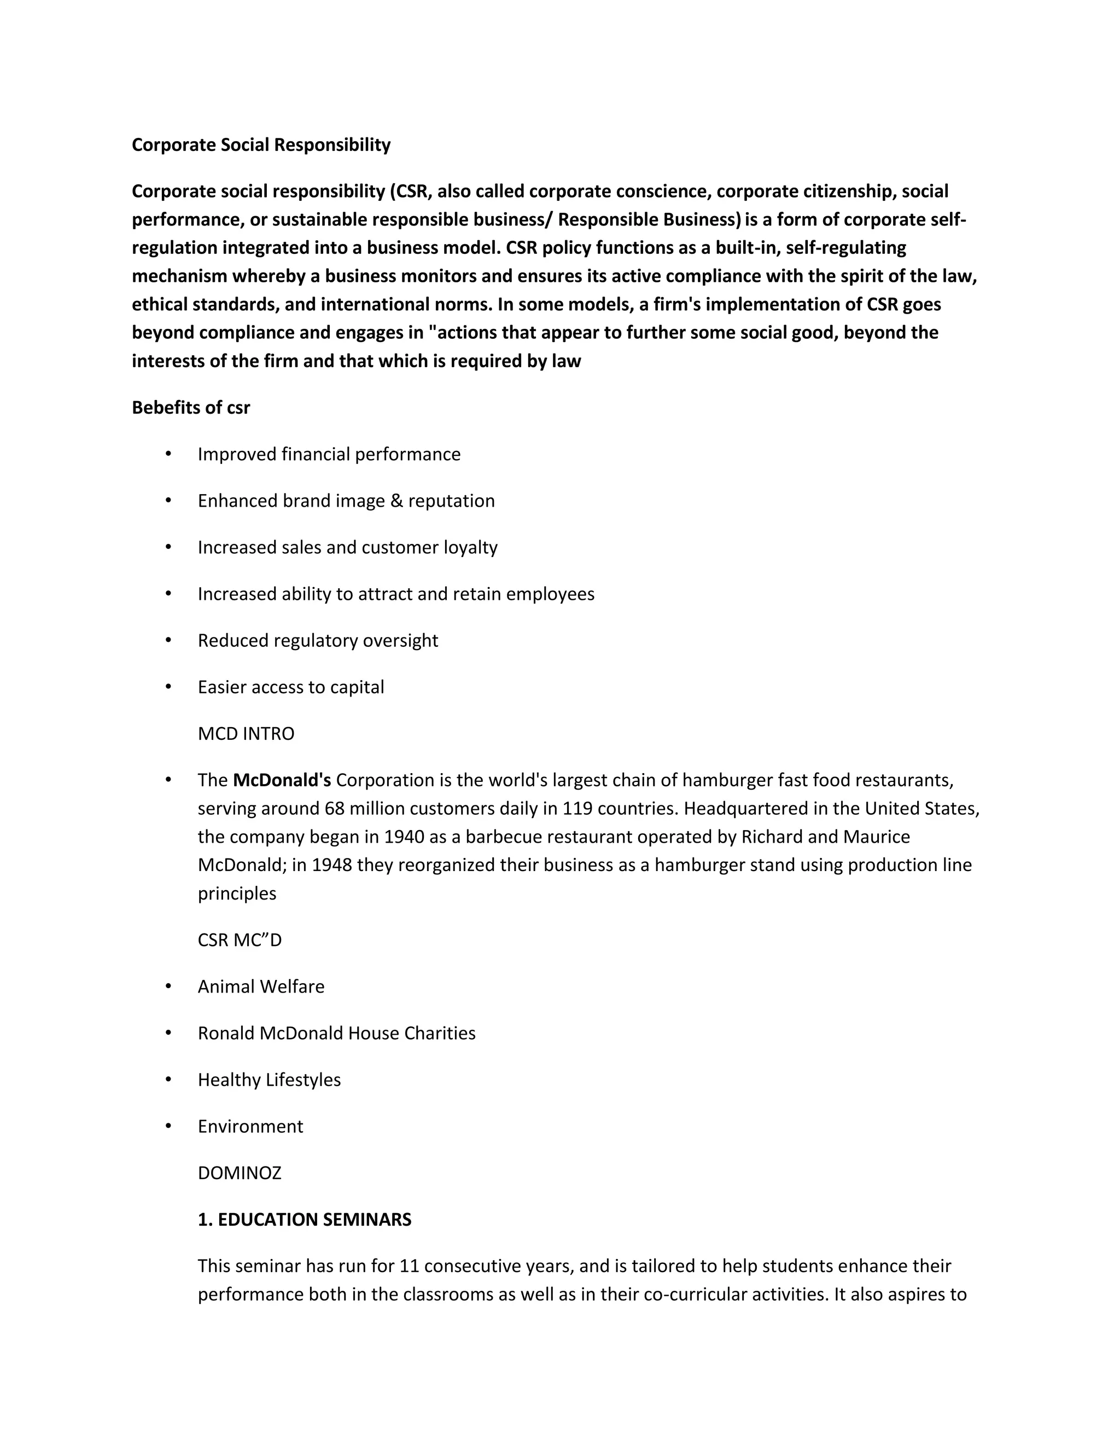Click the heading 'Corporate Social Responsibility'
click(261, 145)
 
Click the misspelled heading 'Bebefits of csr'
click(190, 408)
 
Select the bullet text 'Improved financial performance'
click(329, 454)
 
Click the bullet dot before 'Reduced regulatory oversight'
click(168, 640)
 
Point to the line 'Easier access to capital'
click(290, 687)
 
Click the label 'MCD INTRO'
click(246, 734)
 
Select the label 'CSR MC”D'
click(240, 940)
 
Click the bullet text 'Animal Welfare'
click(261, 987)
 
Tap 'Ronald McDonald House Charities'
click(336, 1033)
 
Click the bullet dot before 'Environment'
click(168, 1126)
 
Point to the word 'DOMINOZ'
click(240, 1173)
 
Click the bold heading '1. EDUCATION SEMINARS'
click(305, 1220)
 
